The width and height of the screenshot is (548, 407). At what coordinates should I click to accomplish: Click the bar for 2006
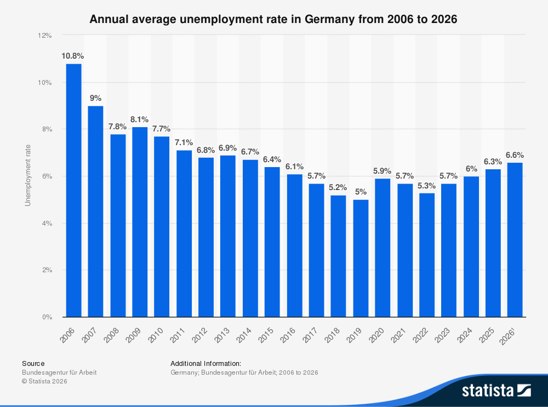[x=73, y=190]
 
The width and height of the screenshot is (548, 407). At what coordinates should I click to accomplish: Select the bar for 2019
[x=361, y=258]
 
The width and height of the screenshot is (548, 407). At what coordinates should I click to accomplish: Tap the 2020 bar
[x=383, y=248]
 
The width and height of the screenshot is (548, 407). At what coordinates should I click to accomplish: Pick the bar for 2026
[x=515, y=239]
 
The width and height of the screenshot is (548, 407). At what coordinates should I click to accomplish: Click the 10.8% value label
[x=72, y=56]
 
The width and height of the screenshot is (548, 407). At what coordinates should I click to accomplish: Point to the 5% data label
[x=361, y=192]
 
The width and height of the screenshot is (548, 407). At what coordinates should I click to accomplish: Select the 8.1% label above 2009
[x=139, y=119]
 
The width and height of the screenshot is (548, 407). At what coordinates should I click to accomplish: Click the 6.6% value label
[x=515, y=154]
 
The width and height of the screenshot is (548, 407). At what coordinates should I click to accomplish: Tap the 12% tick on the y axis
[x=45, y=36]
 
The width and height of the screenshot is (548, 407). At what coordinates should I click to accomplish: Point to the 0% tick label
[x=47, y=317]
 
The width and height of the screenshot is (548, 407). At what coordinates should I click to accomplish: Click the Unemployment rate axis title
[x=27, y=176]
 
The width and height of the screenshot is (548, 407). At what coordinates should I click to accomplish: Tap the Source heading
[x=33, y=363]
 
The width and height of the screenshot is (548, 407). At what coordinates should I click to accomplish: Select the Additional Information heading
[x=206, y=363]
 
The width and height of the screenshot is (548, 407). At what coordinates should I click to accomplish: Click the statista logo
[x=496, y=390]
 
